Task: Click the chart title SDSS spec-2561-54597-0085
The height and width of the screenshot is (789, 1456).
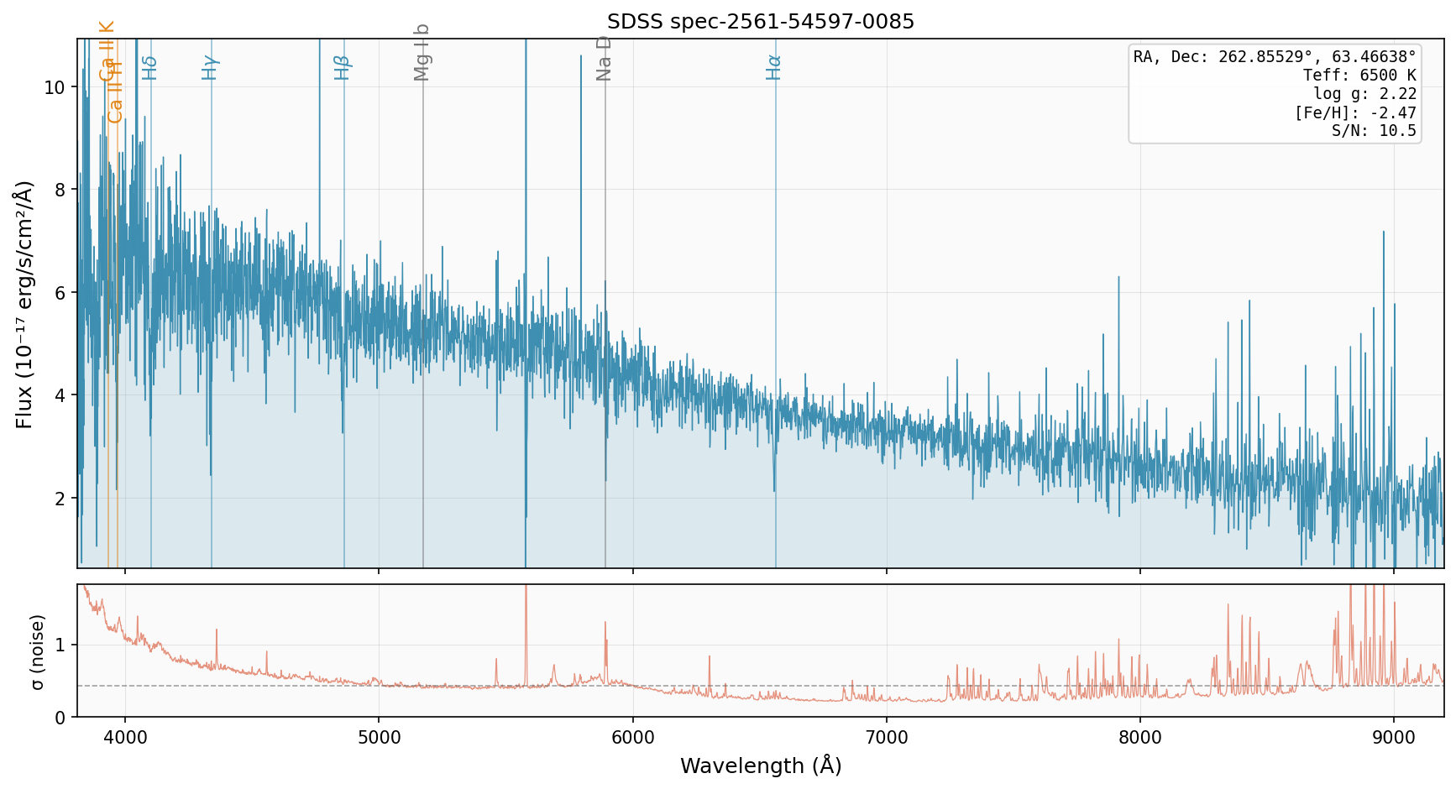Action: pos(761,22)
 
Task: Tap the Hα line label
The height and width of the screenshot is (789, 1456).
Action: pos(773,67)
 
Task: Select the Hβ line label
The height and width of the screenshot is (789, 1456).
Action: pos(342,67)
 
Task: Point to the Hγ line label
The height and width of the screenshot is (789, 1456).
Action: pos(210,67)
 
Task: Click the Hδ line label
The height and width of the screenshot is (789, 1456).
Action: pos(149,67)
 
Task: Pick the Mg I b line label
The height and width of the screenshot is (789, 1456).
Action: pos(422,53)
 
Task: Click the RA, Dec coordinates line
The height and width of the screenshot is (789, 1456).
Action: pos(1275,57)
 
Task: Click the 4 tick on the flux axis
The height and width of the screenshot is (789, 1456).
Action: pos(60,395)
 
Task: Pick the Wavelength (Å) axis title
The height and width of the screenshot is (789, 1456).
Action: pos(761,765)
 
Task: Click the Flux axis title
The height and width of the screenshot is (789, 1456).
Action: pos(25,304)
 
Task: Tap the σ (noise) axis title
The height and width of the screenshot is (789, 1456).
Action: pos(37,651)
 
